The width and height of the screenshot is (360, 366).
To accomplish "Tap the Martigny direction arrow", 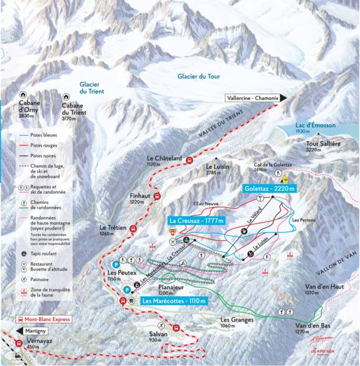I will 37,330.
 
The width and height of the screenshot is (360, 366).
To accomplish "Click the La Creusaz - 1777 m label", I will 196,220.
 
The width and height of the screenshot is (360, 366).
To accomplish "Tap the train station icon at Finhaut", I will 156,197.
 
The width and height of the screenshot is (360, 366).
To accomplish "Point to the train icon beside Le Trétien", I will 132,229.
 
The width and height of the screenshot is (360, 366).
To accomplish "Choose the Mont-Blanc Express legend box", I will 44,319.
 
